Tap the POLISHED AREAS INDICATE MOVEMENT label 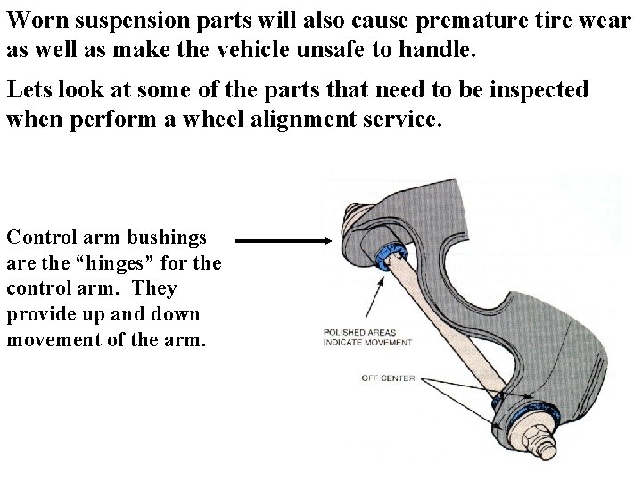366,337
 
